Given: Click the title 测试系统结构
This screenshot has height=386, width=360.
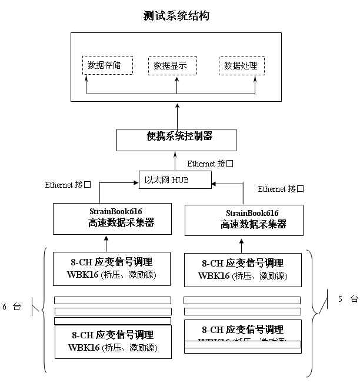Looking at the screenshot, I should [x=176, y=16].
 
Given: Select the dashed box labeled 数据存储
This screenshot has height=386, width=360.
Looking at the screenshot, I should [x=108, y=65].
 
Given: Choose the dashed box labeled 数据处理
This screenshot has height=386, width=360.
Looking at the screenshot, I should [x=241, y=66].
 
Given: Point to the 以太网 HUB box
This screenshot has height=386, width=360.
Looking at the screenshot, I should [x=175, y=179].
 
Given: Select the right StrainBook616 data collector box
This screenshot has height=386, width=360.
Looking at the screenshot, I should [x=244, y=219].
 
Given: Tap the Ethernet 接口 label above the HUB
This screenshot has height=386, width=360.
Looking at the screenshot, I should [x=211, y=164].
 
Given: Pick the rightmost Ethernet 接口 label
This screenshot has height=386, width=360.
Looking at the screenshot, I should [x=281, y=189].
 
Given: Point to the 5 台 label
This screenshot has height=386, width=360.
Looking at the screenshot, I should [x=348, y=299].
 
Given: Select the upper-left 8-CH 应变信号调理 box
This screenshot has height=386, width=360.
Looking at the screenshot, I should [x=112, y=268].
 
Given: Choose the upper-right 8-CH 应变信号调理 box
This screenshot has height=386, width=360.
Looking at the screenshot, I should [x=242, y=269].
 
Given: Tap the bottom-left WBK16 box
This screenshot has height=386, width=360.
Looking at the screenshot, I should [x=112, y=341].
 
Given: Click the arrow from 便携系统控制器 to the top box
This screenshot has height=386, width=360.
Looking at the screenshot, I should [x=176, y=115].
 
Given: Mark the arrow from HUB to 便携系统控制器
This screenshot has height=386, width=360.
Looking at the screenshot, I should [x=175, y=161].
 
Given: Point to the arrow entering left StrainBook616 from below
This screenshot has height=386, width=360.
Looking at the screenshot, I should [x=106, y=244].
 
